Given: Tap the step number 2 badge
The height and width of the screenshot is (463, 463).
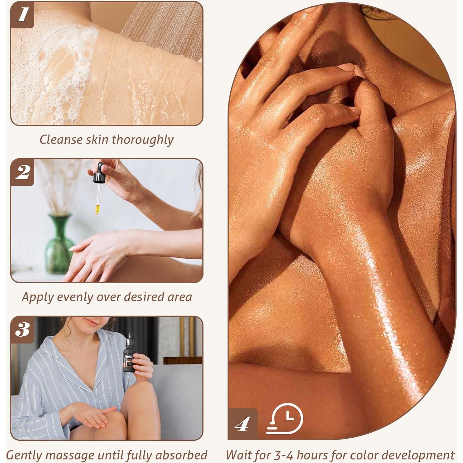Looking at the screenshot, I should click(x=22, y=172).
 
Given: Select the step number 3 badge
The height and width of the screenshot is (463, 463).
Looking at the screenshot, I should click(x=22, y=329).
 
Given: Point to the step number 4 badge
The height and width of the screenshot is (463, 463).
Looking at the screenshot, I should click(x=242, y=424).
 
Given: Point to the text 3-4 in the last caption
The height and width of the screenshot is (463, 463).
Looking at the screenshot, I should click(x=282, y=455).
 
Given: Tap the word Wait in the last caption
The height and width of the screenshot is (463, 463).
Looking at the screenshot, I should click(x=239, y=455).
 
